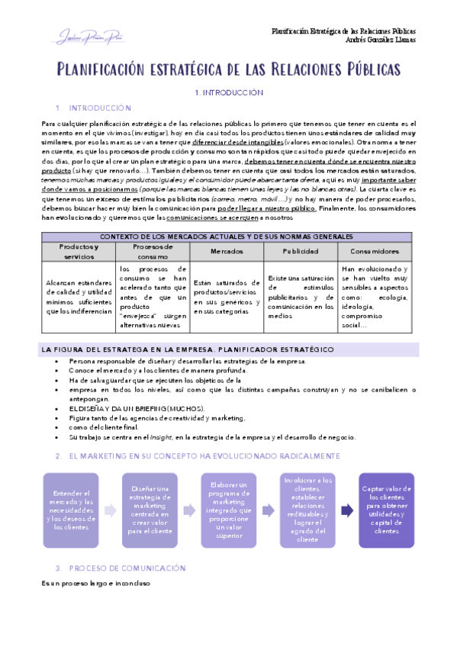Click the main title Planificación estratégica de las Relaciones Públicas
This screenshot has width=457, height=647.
[x=228, y=70]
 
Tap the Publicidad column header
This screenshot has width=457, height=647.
[x=301, y=251]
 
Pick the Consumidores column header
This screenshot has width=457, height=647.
[x=376, y=251]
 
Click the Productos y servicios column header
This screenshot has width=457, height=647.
[x=79, y=251]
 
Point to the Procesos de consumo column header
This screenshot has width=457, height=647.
[x=153, y=251]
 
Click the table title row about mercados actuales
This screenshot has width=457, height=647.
[x=228, y=236]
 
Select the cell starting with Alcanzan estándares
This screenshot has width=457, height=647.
[x=79, y=297]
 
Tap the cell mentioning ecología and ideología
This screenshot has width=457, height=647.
[x=376, y=297]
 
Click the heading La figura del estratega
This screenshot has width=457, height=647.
[x=187, y=349]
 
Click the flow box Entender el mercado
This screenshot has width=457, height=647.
[x=70, y=510]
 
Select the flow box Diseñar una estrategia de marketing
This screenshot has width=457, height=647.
[x=150, y=510]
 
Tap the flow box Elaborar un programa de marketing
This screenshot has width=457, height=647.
[x=229, y=510]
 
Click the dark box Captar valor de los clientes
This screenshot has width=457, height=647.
[x=387, y=510]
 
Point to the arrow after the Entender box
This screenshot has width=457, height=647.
[x=110, y=510]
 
